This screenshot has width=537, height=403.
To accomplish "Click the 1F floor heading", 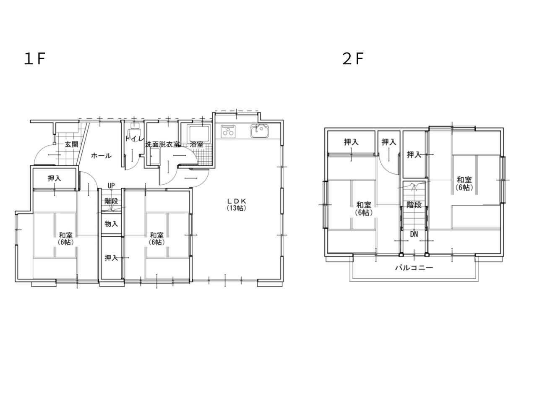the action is click(x=34, y=59).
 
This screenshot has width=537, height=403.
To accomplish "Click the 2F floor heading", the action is click(x=353, y=59).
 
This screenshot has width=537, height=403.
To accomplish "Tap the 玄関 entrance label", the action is click(x=71, y=144).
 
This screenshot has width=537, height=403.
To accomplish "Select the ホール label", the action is click(x=101, y=156).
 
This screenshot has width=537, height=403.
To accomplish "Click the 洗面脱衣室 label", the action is click(x=162, y=144).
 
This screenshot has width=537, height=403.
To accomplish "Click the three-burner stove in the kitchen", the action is click(x=228, y=131).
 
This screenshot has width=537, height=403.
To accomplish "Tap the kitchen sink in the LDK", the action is click(x=259, y=131).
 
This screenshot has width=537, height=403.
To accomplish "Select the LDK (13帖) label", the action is click(x=236, y=204).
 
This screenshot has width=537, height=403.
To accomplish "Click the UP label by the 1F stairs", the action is click(x=111, y=186).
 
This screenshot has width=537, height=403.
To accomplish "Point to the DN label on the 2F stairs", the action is click(x=414, y=234).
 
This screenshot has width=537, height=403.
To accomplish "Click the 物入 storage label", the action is click(x=111, y=224).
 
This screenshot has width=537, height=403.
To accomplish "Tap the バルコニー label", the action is click(x=414, y=268).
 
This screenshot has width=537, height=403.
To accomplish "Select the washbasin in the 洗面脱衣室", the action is click(x=155, y=157).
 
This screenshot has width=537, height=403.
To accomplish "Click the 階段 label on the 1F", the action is click(x=111, y=201).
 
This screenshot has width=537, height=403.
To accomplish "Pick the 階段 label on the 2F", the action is click(x=414, y=205).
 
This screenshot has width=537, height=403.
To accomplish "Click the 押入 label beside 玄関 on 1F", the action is click(x=54, y=178).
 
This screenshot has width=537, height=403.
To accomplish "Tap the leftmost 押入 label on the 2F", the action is click(x=351, y=142).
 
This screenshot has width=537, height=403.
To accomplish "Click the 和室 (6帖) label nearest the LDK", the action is click(x=157, y=238).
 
